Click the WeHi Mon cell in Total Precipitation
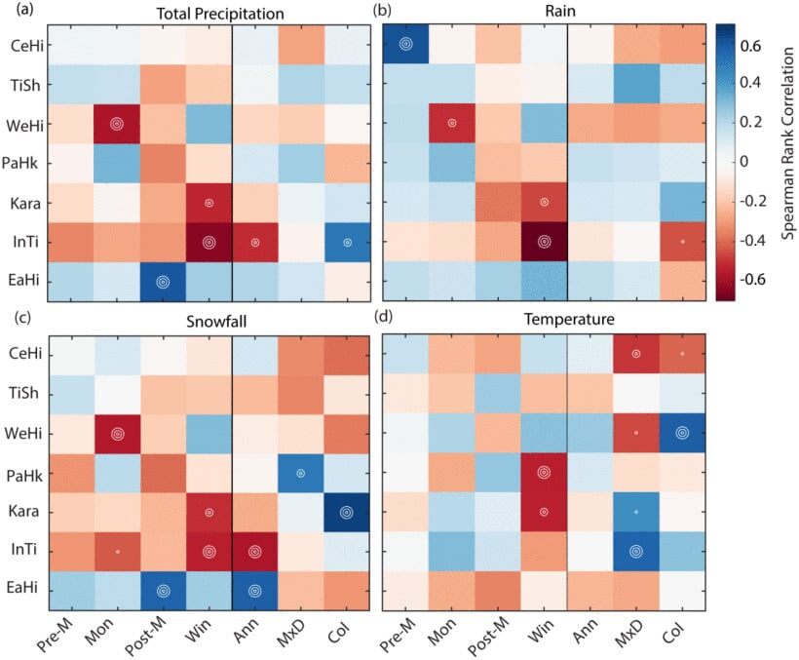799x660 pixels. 117,125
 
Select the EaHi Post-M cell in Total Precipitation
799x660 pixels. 163,281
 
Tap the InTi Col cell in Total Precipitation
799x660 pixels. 347,242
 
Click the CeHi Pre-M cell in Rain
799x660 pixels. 405,44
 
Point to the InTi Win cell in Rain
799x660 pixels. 544,242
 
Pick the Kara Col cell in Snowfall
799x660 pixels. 347,512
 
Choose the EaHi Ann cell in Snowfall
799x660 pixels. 254,590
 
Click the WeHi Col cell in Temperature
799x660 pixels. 681,433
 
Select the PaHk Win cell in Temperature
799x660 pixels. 544,472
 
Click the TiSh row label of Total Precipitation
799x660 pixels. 26,85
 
